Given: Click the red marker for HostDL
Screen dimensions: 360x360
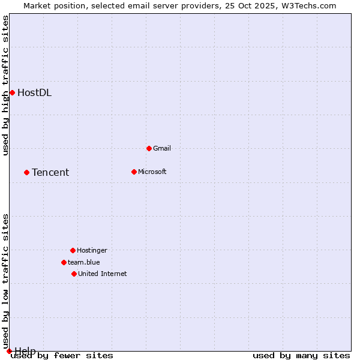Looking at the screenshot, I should coord(12,92).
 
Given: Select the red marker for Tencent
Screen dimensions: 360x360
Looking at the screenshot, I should coord(26,172).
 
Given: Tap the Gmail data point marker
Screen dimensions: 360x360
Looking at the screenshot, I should coord(149,148).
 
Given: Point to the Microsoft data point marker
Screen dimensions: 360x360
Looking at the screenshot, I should coord(134,172).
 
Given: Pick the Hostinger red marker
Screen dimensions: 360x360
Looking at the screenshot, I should coord(73,250).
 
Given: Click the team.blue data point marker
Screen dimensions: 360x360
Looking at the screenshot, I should coord(64,262).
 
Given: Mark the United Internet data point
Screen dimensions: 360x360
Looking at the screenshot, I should coord(74,274).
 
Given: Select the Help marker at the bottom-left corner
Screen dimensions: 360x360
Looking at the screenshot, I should coord(9,351).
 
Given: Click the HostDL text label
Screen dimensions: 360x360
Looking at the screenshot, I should coord(34,92).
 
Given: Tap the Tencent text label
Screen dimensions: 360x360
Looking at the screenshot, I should coord(50,173).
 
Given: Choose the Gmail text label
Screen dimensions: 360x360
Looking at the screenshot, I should coord(162,148).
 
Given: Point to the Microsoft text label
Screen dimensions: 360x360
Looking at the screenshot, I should coord(152,172).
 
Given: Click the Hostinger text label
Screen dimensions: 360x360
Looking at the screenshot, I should coord(92,250).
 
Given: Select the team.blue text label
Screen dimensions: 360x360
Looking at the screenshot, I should coord(84,262).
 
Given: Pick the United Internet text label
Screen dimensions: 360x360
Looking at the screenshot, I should coord(103,274).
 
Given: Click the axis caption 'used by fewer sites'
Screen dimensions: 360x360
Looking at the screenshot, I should coord(62,356).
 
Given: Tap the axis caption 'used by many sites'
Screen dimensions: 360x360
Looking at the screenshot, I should coord(301,356).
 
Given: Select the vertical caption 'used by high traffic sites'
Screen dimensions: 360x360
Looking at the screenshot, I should coord(5,85).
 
